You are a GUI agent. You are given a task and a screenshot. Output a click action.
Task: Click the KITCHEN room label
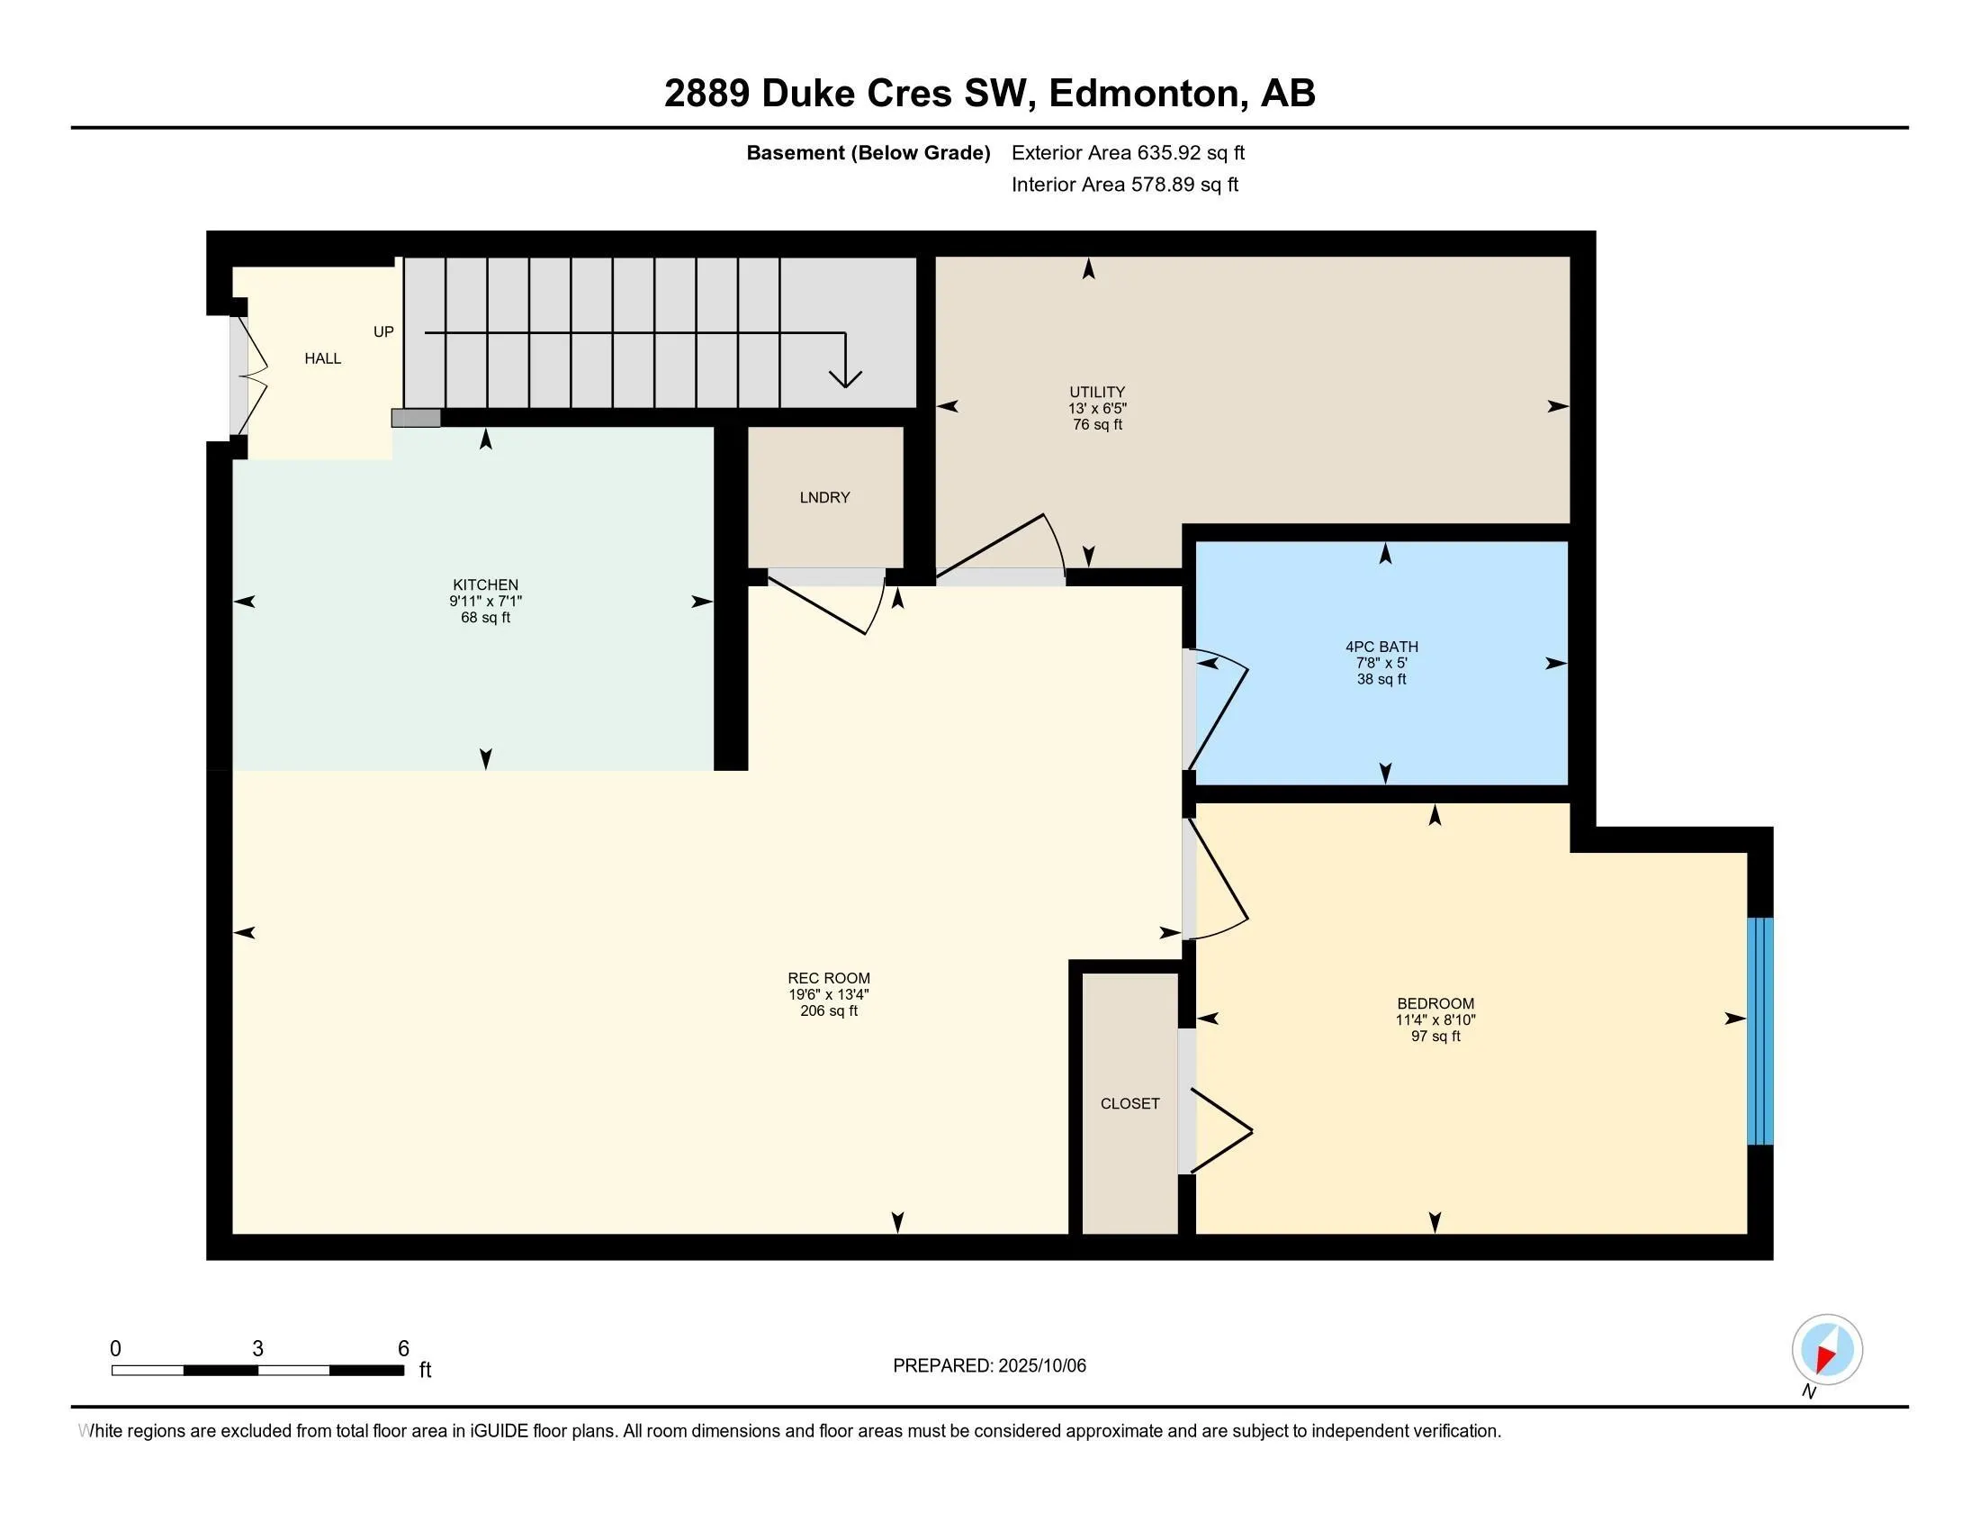coord(485,585)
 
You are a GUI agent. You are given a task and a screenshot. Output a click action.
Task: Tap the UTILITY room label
coord(1097,393)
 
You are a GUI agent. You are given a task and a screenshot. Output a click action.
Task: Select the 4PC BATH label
coord(1381,647)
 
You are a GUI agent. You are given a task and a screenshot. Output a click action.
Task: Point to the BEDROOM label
coord(1435,1003)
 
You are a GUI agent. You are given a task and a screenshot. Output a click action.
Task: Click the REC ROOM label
coord(829,978)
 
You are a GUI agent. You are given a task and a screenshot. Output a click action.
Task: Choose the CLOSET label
coord(1129,1104)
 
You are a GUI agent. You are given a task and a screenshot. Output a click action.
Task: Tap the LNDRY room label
coord(825,498)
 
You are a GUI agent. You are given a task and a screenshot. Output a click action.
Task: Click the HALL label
coord(323,359)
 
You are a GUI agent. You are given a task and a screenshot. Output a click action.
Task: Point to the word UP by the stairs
coord(383,332)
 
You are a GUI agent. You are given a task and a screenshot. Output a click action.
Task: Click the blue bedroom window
coord(1759,1031)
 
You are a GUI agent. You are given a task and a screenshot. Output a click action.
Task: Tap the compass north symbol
coord(1827,1350)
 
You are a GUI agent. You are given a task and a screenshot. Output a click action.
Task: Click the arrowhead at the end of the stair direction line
coord(845,378)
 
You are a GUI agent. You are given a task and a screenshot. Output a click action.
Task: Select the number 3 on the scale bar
coord(257,1349)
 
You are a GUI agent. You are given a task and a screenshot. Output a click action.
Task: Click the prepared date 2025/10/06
coord(1040,1366)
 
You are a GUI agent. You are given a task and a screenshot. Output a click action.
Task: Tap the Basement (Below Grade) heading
coord(868,153)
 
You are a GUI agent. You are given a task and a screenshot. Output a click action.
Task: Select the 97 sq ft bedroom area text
coord(1435,1036)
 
